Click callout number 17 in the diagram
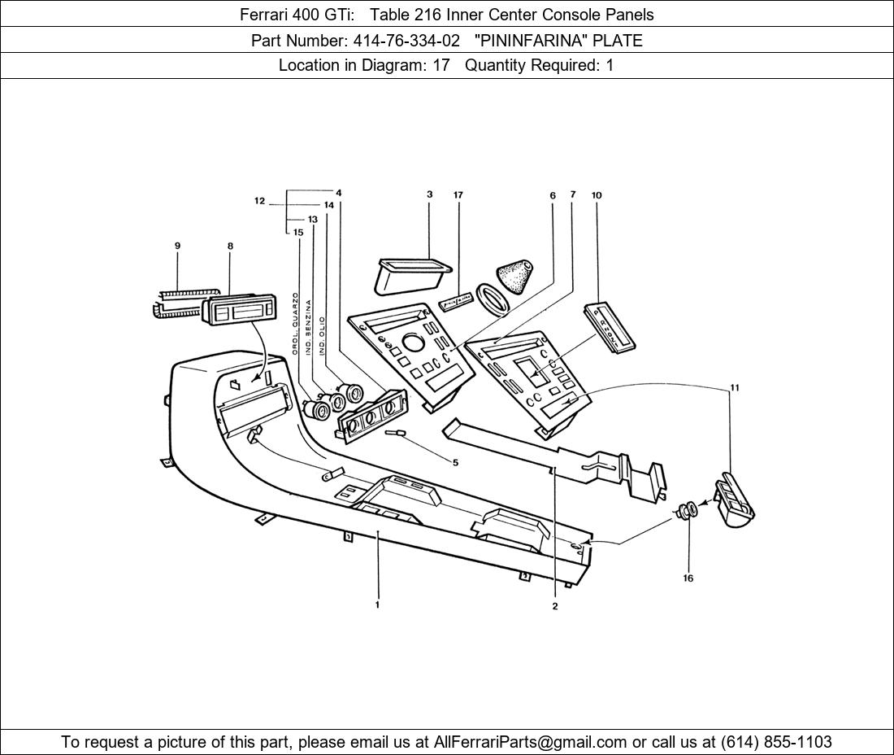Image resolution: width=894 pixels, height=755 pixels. tap(458, 195)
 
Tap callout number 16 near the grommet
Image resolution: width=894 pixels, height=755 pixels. tap(688, 578)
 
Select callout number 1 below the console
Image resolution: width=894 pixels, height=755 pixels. tap(377, 604)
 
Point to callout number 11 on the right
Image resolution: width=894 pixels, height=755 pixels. tap(735, 388)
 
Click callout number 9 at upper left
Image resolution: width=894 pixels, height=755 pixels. tap(177, 246)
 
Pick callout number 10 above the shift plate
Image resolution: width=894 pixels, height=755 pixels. tap(597, 195)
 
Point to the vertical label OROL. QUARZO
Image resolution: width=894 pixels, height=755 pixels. tap(296, 324)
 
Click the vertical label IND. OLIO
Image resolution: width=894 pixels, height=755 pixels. tap(323, 336)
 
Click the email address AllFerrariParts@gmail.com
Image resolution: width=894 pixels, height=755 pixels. tap(531, 742)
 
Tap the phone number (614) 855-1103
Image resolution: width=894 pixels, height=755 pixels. tap(776, 742)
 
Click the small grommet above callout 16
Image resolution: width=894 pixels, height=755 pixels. tap(688, 512)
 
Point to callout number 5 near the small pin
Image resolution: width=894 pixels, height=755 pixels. tap(455, 463)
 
